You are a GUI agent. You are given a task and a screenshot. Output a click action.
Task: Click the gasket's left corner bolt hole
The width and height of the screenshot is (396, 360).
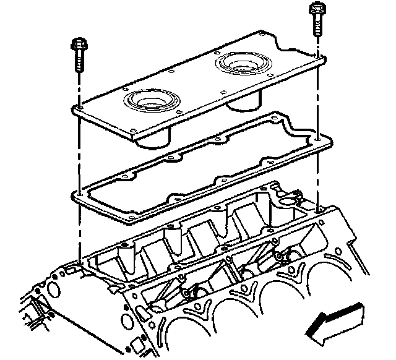click(79, 197)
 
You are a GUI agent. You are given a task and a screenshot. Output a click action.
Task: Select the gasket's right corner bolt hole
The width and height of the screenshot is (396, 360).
click(317, 141)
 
